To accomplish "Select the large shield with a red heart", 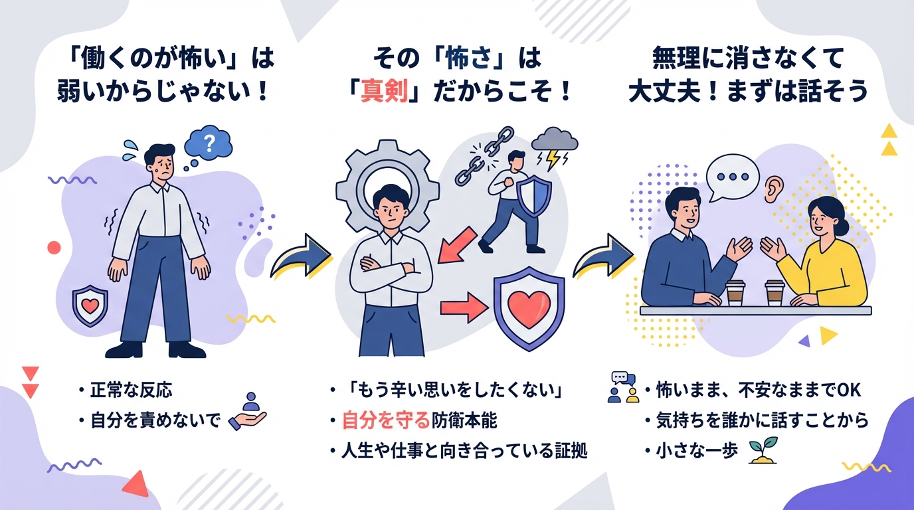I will pos(528,307).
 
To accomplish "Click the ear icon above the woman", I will pos(771,190).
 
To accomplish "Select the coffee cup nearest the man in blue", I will pos(735,292).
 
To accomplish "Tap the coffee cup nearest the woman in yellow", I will pos(775,292).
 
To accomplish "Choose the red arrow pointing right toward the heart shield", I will pos(461,307).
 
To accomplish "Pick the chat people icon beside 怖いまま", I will pos(622,387).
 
